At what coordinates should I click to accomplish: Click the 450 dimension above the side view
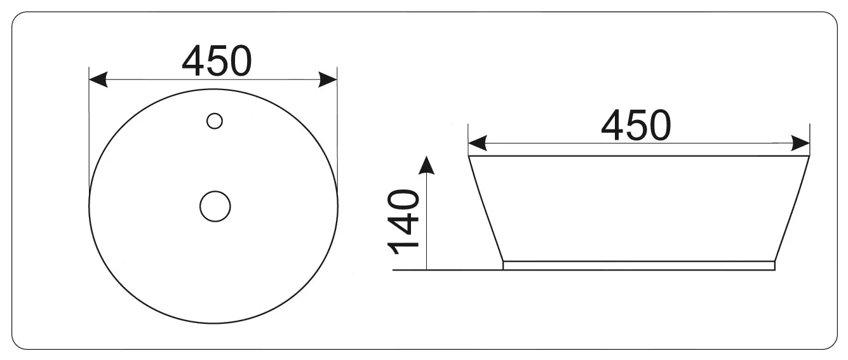[x=636, y=125]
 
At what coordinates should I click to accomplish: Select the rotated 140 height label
[x=403, y=222]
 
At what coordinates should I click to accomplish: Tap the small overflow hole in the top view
[x=215, y=121]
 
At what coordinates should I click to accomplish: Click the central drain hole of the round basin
[x=215, y=206]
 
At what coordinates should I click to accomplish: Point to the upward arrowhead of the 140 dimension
[x=427, y=165]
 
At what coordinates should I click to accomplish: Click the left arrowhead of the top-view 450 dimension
[x=98, y=79]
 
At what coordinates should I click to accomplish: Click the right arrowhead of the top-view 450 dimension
[x=328, y=79]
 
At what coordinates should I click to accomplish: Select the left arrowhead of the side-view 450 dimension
[x=478, y=143]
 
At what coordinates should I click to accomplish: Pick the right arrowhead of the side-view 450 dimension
[x=801, y=143]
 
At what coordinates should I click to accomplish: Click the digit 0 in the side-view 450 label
[x=660, y=125]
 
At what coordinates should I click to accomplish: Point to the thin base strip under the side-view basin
[x=639, y=266]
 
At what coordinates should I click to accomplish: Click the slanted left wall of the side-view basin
[x=486, y=209]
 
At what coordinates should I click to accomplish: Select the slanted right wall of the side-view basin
[x=792, y=209]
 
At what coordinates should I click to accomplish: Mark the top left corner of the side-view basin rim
[x=468, y=156]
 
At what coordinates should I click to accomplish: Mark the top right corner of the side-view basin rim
[x=810, y=156]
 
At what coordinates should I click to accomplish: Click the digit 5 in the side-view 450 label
[x=636, y=125]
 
